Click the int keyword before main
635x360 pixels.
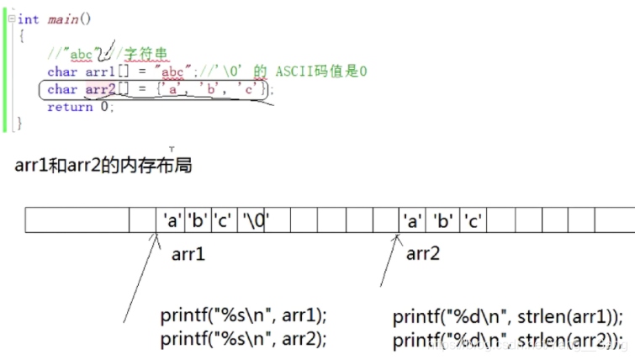tap(28, 19)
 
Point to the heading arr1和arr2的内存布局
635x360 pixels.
tap(103, 165)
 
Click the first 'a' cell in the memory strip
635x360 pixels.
tap(172, 221)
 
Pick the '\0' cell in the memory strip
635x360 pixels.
tap(255, 221)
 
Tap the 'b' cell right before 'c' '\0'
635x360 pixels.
tap(198, 221)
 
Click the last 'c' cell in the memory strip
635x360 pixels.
tap(473, 221)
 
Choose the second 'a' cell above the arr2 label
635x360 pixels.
tap(413, 221)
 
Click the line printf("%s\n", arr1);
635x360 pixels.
tap(244, 317)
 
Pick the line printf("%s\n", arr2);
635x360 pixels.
tap(244, 338)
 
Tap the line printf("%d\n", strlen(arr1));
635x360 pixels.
tap(508, 318)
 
